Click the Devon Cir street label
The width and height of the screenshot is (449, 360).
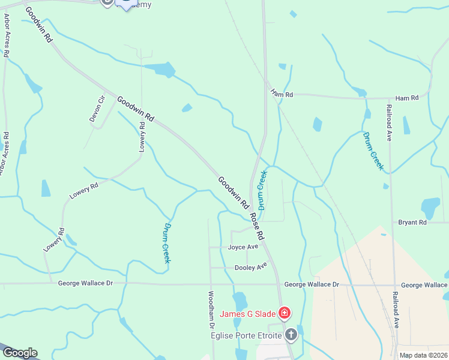(97, 109)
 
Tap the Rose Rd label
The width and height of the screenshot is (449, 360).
(258, 225)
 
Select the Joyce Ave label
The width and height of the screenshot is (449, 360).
(243, 247)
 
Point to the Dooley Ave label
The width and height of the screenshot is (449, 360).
(250, 266)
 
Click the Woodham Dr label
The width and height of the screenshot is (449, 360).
(211, 309)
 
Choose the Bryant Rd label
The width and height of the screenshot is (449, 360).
(412, 222)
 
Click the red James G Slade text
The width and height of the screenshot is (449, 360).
(247, 313)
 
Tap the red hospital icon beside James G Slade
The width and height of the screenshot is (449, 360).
(284, 313)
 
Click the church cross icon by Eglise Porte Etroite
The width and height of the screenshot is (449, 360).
(291, 334)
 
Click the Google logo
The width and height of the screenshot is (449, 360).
(19, 353)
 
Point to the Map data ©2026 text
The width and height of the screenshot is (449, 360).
(423, 355)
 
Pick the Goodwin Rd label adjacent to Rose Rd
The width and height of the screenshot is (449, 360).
(233, 192)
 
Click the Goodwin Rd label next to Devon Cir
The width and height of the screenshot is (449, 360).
(136, 109)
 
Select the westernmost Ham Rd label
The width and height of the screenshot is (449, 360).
(281, 94)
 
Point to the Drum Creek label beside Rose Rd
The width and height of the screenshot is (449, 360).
(262, 189)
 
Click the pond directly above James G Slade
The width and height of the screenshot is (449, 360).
(240, 299)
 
